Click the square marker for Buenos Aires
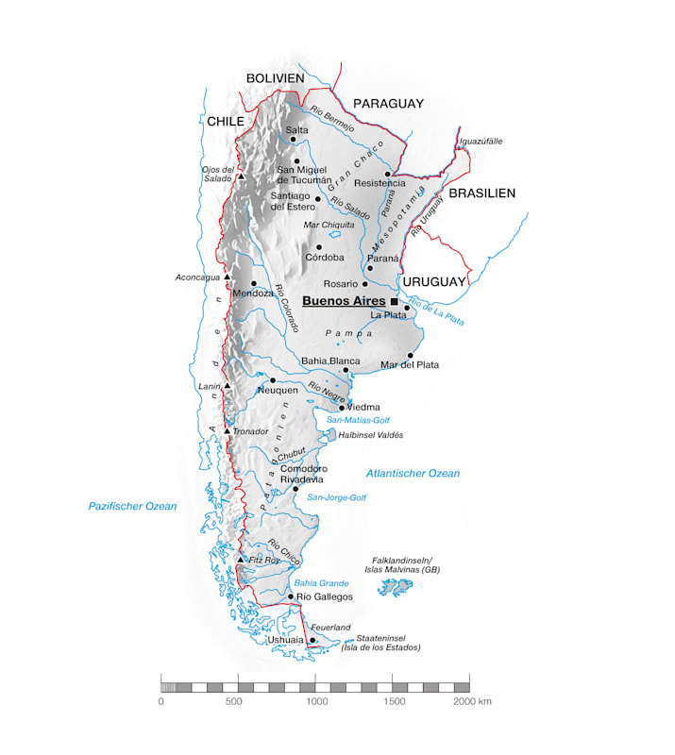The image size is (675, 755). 394,301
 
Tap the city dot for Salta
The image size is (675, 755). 294,139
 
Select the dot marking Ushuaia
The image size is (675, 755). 312,640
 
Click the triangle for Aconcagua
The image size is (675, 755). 228,277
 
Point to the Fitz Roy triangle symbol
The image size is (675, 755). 242,560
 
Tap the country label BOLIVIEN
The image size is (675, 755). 275,78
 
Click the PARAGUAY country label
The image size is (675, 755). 388,104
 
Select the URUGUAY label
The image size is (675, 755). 434,282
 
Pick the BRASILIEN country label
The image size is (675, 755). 481,193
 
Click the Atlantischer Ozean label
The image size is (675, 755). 413,473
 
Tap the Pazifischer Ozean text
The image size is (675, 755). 132,507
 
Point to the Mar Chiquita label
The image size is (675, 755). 329,225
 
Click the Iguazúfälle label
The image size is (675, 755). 481,142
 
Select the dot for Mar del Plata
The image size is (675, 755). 411,355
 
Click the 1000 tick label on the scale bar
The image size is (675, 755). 316,701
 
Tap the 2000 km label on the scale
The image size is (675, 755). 472,701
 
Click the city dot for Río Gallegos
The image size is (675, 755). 290,596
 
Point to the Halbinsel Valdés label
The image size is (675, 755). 370,435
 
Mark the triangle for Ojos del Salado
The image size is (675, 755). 241,176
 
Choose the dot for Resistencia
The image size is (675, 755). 387,174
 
